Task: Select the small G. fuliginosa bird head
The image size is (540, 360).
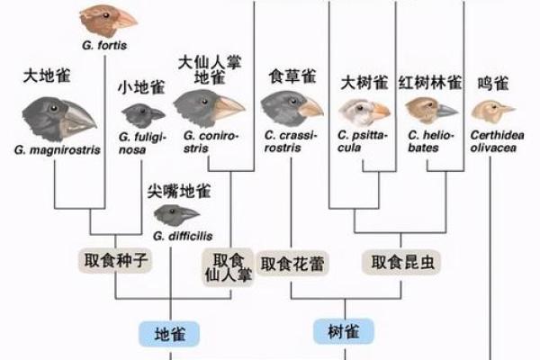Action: [145, 112]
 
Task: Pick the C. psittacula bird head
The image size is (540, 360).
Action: [363, 111]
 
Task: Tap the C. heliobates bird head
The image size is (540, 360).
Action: [430, 110]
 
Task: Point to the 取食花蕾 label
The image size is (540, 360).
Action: [292, 264]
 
